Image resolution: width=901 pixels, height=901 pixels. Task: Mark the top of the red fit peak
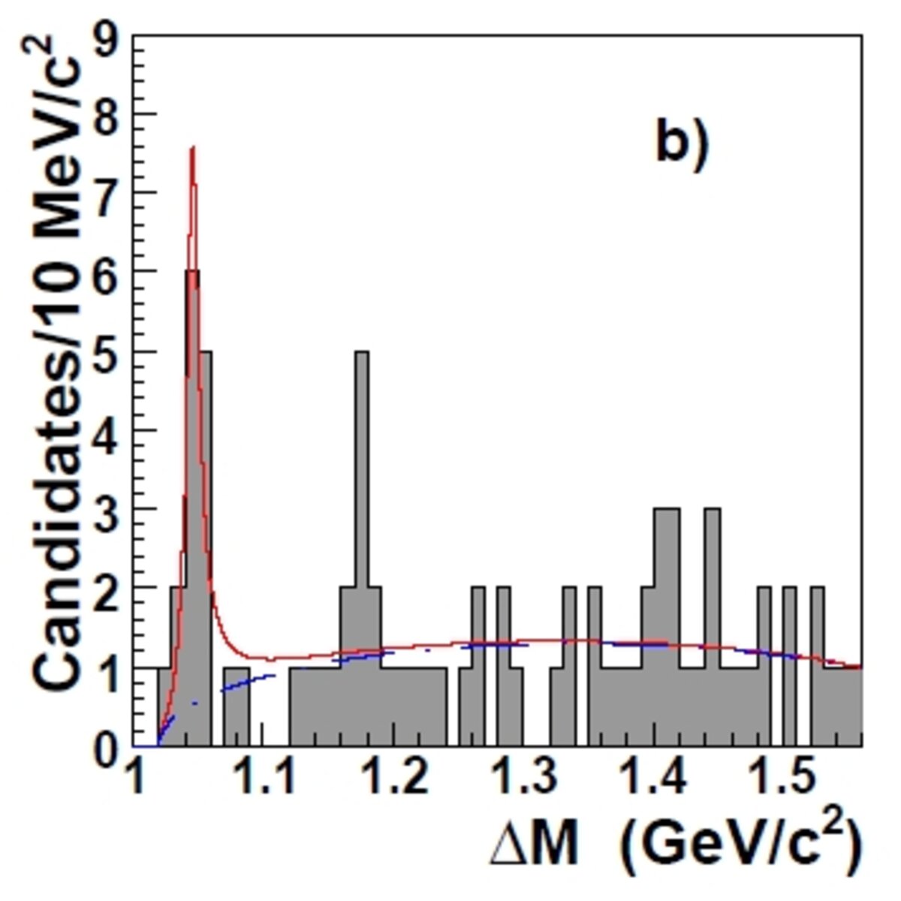(x=193, y=148)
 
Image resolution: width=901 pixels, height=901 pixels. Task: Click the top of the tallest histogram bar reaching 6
(x=193, y=271)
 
